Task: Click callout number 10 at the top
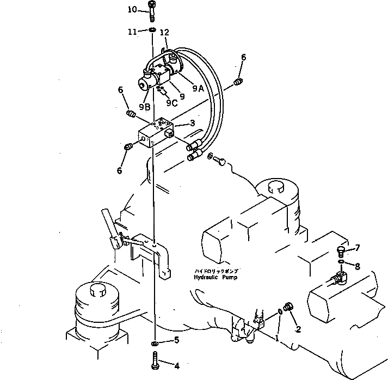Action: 133,10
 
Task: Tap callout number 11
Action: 132,32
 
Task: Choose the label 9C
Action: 171,102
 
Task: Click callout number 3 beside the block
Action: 192,124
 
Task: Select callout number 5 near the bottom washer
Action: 176,341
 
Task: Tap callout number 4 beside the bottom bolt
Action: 176,365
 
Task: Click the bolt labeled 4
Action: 155,360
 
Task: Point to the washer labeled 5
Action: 156,344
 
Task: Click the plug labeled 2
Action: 288,308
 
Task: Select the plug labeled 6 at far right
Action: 238,81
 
